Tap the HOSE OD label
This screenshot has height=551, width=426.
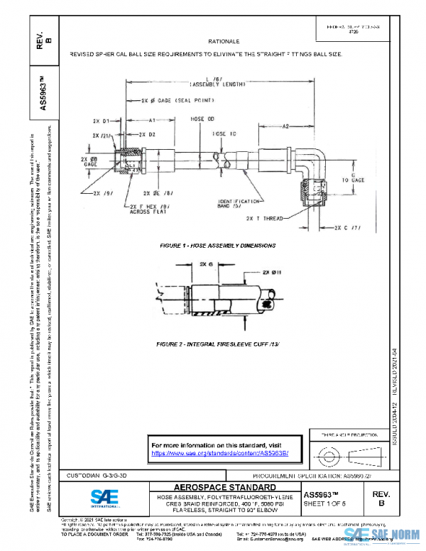tap(202, 119)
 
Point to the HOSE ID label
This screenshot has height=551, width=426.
tap(224, 133)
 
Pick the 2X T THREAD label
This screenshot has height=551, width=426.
tap(263, 218)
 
